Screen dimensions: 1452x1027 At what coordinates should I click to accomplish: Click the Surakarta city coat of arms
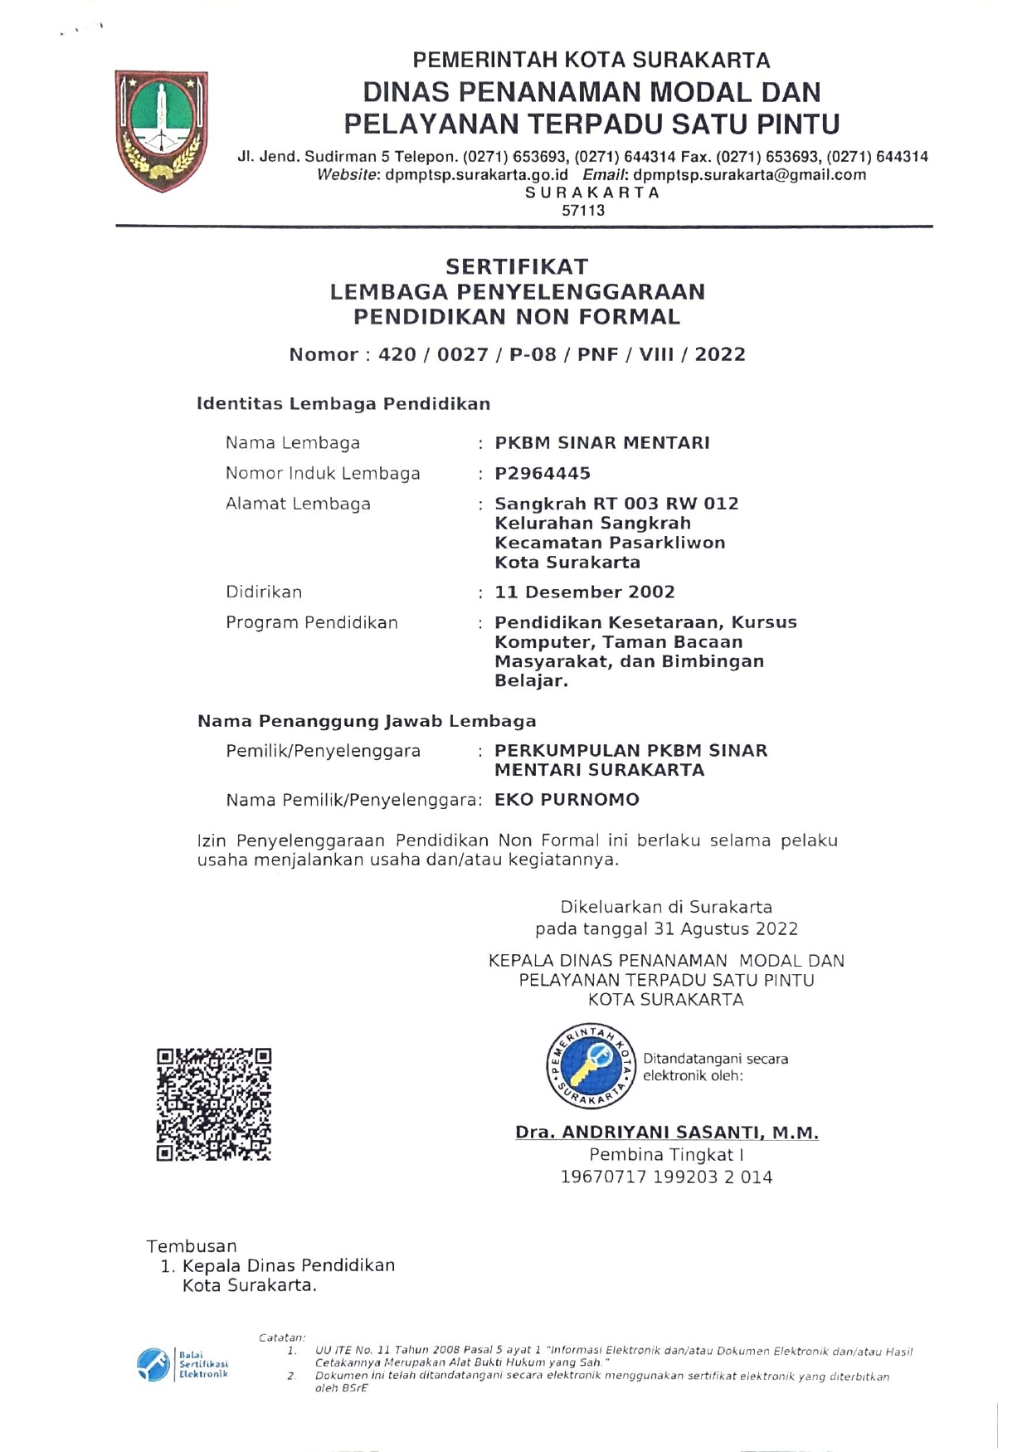162,130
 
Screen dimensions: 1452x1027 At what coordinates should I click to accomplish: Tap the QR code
214,1104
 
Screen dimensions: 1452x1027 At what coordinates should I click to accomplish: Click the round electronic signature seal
591,1066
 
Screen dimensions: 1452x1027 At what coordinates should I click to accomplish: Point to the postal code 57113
583,211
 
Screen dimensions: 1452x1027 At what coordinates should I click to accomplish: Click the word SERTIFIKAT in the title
517,266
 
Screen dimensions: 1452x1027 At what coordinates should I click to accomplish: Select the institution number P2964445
543,474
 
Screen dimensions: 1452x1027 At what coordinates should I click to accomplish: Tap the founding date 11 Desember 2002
584,592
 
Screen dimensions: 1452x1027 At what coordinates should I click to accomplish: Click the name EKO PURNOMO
567,800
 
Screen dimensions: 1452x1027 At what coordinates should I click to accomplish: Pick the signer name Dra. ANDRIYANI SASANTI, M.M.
666,1133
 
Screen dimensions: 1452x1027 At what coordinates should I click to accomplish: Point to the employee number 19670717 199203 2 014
666,1177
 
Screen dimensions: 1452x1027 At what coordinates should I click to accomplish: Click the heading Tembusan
192,1246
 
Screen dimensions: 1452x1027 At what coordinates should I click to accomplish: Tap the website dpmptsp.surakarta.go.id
476,175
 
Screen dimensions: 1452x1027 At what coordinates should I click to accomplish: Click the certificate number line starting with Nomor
517,355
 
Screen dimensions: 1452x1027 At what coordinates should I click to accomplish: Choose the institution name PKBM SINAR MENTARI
602,443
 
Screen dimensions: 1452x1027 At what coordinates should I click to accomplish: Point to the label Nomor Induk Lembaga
323,474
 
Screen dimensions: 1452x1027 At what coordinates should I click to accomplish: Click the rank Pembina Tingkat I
666,1155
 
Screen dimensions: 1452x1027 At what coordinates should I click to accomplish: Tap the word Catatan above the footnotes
282,1337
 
